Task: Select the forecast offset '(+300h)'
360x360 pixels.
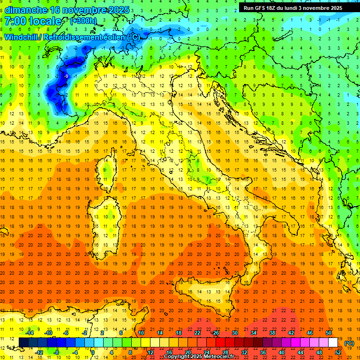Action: click(x=83, y=21)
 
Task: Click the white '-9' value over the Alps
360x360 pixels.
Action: click(x=66, y=76)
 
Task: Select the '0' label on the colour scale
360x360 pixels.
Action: click(x=93, y=352)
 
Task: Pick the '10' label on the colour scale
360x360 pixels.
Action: click(x=141, y=333)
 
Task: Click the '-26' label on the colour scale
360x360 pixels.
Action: click(x=215, y=333)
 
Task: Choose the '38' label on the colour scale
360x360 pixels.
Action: click(x=272, y=333)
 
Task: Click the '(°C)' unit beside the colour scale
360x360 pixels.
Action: click(x=349, y=343)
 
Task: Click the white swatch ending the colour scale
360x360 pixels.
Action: click(x=333, y=343)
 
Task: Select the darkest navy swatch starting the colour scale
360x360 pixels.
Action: click(x=23, y=343)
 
